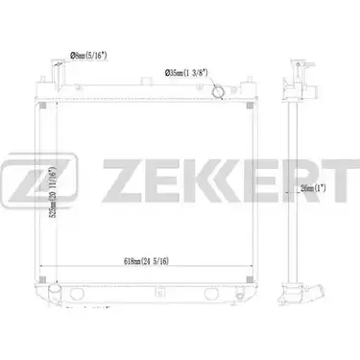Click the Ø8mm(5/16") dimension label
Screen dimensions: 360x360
87,57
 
